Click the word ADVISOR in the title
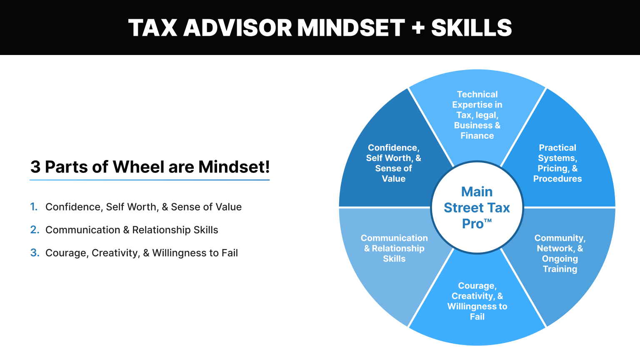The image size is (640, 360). point(237,28)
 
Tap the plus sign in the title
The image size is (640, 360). point(417,28)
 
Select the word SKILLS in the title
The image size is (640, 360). point(471,28)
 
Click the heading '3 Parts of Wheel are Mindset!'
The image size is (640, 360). point(150,167)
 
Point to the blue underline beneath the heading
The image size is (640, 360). point(150,180)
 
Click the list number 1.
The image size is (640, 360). point(34,207)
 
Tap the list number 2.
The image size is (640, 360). point(35,230)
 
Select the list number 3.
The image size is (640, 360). point(35,252)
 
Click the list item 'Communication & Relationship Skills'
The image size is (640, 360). point(132,230)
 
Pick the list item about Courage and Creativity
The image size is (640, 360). point(142,252)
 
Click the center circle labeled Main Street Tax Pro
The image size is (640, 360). point(477,207)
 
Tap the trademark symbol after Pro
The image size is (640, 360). point(488,220)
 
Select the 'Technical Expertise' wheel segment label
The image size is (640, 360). point(477,115)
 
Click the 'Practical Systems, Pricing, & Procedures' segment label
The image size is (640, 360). point(557,163)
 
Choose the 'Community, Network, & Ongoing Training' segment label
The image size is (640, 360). point(560,253)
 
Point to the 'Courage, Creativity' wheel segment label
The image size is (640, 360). point(477,301)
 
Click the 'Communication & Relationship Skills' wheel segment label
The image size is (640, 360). point(394,248)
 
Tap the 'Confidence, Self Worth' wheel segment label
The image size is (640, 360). point(394,163)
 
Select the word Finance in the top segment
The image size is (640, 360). point(477,135)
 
